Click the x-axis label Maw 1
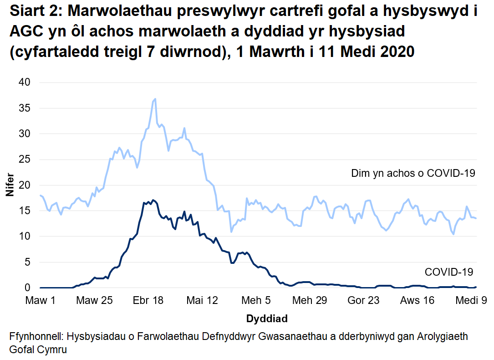[x=40, y=301]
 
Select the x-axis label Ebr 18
[x=148, y=301]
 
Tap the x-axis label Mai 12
[x=202, y=301]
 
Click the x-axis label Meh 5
[x=256, y=301]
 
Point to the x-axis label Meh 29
[x=310, y=301]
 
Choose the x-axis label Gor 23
[x=363, y=301]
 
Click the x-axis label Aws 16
[x=418, y=301]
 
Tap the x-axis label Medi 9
[x=469, y=301]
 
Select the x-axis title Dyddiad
[x=267, y=318]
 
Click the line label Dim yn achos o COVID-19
[x=413, y=173]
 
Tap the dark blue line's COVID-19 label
[x=449, y=272]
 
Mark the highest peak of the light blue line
[x=155, y=99]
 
